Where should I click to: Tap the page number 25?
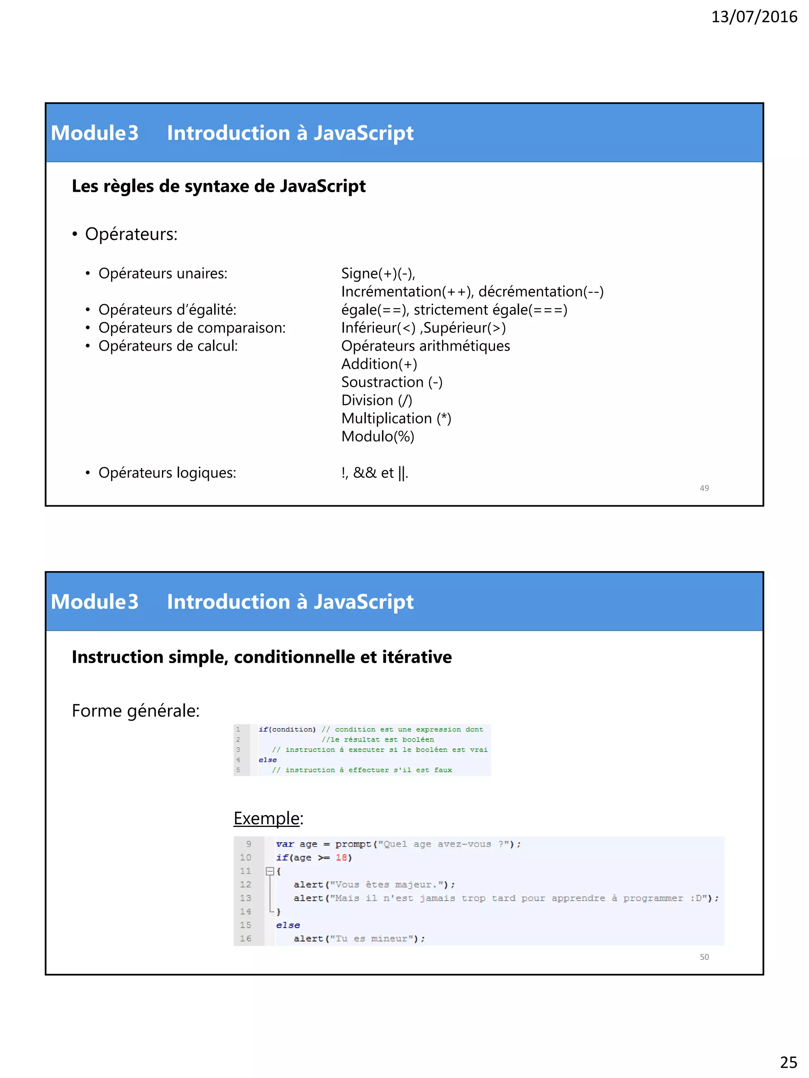pyautogui.click(x=788, y=1062)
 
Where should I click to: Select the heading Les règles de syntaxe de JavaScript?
pyautogui.click(x=218, y=186)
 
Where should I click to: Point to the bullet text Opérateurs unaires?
pyautogui.click(x=163, y=274)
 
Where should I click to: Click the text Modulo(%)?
pyautogui.click(x=377, y=436)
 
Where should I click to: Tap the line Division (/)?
pyautogui.click(x=376, y=400)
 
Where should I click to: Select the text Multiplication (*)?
pyautogui.click(x=396, y=418)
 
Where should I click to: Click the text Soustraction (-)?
pyautogui.click(x=391, y=382)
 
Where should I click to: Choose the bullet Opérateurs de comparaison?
pyautogui.click(x=192, y=328)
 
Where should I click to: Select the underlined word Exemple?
pyautogui.click(x=266, y=818)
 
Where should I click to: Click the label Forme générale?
pyautogui.click(x=135, y=711)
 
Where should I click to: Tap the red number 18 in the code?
pyautogui.click(x=341, y=857)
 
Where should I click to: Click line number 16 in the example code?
pyautogui.click(x=245, y=938)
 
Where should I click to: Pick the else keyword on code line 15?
pyautogui.click(x=288, y=925)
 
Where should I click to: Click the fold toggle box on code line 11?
pyautogui.click(x=270, y=871)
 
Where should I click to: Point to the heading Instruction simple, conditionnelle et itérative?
pyautogui.click(x=262, y=657)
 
